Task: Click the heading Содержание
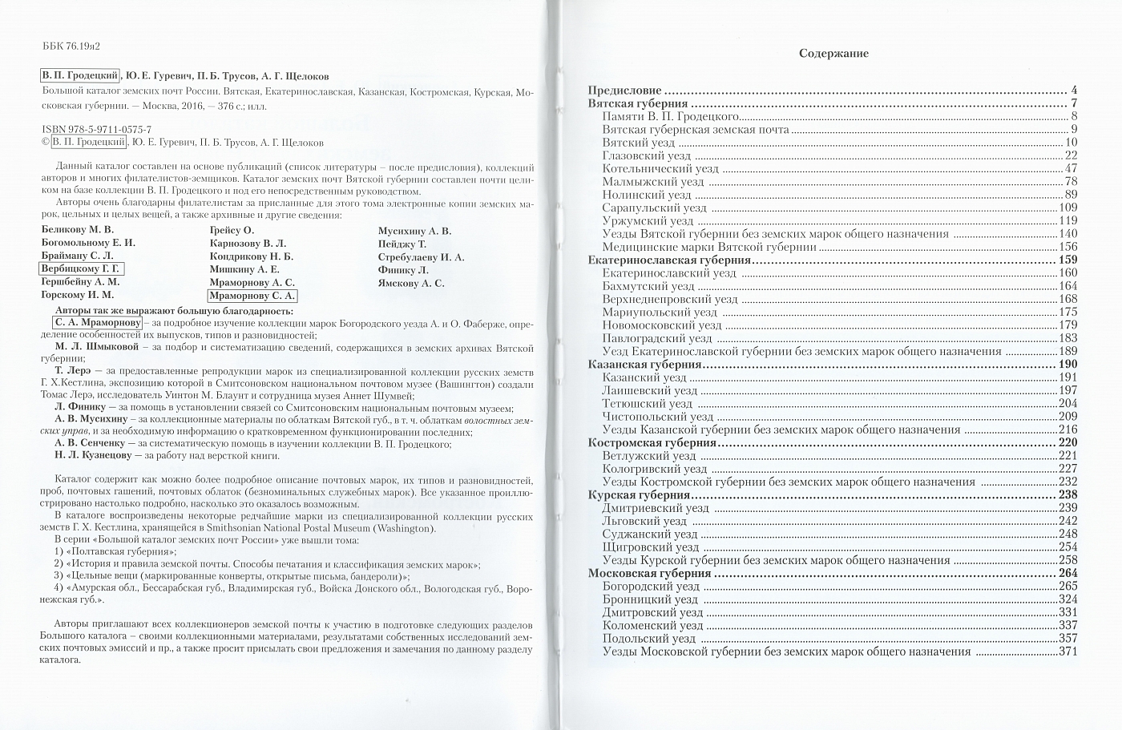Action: (833, 54)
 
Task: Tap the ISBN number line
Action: (95, 129)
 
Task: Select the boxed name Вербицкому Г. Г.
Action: (79, 269)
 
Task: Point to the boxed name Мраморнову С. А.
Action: (252, 296)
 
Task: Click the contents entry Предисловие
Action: (625, 91)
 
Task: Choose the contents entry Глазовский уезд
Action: (646, 155)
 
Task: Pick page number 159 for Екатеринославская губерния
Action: (1068, 260)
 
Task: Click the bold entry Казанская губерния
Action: (645, 364)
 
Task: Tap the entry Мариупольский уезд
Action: (660, 312)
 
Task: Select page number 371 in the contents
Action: (1068, 651)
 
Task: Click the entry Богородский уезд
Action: (650, 587)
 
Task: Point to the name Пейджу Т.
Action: (402, 244)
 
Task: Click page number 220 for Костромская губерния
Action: (1068, 442)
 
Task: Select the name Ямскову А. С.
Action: (410, 283)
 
